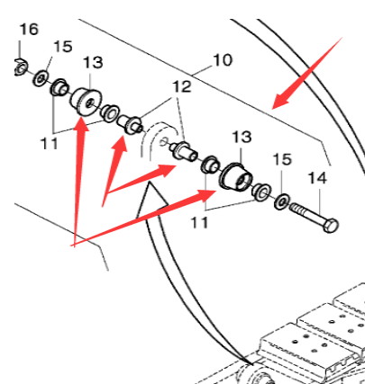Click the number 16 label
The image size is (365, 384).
[29, 30]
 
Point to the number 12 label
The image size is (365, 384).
[183, 86]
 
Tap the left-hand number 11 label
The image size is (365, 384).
[48, 142]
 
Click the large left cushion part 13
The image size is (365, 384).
[87, 100]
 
